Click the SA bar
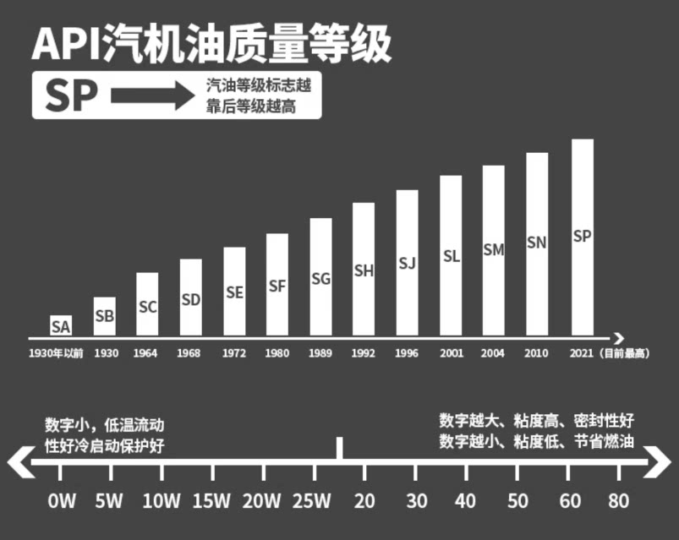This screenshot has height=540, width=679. pos(61,325)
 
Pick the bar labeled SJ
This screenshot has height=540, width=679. pos(407,263)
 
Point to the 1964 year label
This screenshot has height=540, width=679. pos(145,353)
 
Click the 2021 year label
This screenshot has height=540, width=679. pos(582,353)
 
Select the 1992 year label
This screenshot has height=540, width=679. pos(364,353)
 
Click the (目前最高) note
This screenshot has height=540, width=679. pos(627,353)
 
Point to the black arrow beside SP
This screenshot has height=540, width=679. pos(153,96)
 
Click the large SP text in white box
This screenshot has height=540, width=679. pos(71,96)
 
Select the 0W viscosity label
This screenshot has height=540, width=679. pos(62,500)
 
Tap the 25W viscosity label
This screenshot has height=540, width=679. pos(311,500)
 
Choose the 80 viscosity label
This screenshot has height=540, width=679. pos(618,500)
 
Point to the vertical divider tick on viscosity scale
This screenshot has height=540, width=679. pos(340,449)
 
